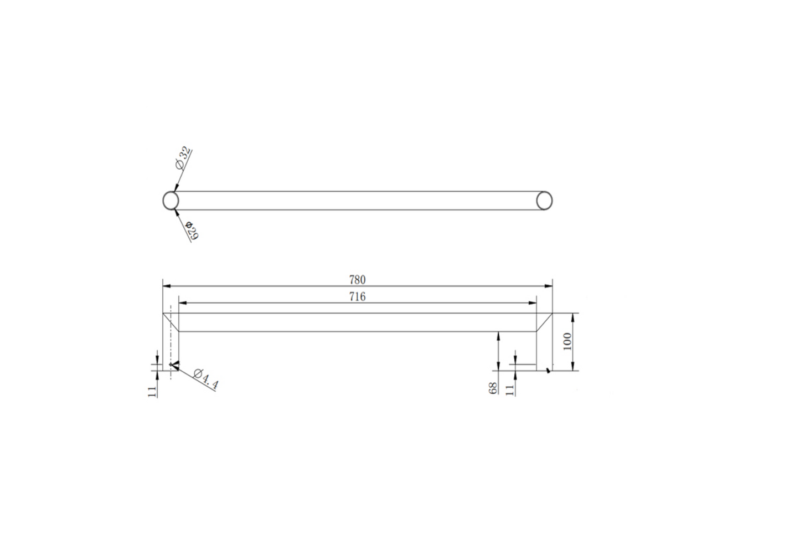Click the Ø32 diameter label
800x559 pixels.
click(x=182, y=158)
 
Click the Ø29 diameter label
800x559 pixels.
click(x=192, y=230)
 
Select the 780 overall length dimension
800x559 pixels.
click(x=357, y=280)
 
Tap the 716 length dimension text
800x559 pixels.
click(x=357, y=297)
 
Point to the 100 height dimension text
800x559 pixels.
click(x=566, y=341)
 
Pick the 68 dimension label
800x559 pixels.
click(x=493, y=388)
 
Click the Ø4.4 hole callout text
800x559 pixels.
click(x=207, y=379)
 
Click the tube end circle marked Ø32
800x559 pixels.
click(x=171, y=200)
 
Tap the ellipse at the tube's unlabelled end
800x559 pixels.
click(x=544, y=201)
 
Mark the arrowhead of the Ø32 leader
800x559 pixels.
click(x=176, y=189)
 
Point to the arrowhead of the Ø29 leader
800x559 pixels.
click(x=177, y=212)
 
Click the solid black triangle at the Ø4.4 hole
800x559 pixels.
click(x=174, y=365)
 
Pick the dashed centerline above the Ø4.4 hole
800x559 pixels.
click(x=171, y=332)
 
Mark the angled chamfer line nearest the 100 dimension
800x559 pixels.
click(x=545, y=322)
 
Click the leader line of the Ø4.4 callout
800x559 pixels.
click(x=194, y=377)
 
